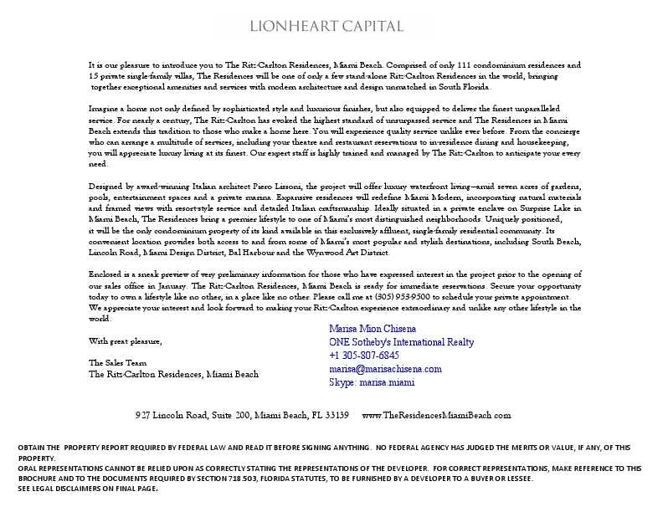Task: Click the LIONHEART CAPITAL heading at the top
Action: click(x=326, y=26)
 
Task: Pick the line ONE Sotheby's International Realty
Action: click(x=401, y=342)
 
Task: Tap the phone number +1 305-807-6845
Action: click(x=364, y=356)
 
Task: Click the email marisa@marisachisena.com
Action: click(x=385, y=369)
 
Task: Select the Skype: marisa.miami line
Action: click(x=372, y=382)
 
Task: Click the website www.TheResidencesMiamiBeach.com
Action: click(x=436, y=415)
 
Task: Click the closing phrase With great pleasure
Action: click(x=126, y=341)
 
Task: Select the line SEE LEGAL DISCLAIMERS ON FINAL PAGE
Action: click(x=88, y=489)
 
